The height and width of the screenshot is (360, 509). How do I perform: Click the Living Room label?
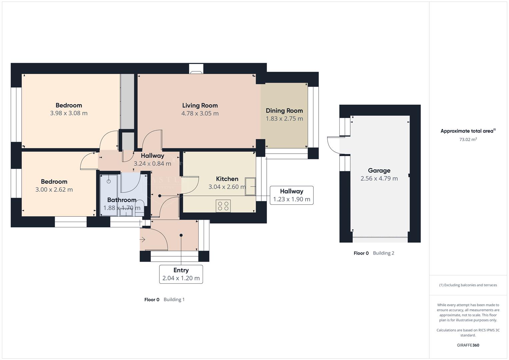pyautogui.click(x=200, y=105)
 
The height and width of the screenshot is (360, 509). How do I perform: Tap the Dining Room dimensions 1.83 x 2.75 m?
pyautogui.click(x=284, y=119)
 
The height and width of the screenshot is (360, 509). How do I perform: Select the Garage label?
pyautogui.click(x=379, y=170)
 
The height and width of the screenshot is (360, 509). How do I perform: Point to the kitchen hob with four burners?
pyautogui.click(x=223, y=206)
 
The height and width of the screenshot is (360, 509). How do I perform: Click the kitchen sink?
pyautogui.click(x=250, y=186)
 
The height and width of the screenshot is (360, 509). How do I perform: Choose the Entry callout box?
pyautogui.click(x=181, y=274)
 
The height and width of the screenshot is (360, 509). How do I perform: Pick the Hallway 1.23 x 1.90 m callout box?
pyautogui.click(x=291, y=195)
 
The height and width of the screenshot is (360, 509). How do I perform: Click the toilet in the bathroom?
pyautogui.click(x=139, y=206)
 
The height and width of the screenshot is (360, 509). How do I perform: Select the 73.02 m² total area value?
pyautogui.click(x=468, y=140)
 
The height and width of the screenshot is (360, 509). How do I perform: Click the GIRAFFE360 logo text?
pyautogui.click(x=468, y=345)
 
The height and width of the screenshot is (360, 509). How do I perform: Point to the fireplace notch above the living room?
pyautogui.click(x=196, y=69)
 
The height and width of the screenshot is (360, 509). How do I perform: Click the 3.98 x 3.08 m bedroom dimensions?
pyautogui.click(x=69, y=113)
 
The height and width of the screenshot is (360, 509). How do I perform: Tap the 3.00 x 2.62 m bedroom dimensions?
pyautogui.click(x=54, y=190)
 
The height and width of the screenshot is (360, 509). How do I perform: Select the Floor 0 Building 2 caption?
pyautogui.click(x=374, y=253)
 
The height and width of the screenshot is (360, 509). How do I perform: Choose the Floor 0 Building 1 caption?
pyautogui.click(x=164, y=299)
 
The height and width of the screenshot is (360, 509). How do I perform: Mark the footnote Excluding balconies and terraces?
pyautogui.click(x=468, y=285)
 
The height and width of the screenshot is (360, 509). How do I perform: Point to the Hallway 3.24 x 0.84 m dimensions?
pyautogui.click(x=152, y=164)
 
